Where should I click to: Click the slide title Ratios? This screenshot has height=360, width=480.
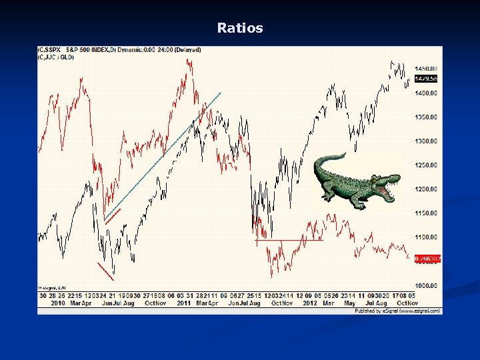(240, 28)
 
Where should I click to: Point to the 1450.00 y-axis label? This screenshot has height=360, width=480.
(427, 69)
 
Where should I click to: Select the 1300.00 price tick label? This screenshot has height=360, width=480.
(427, 141)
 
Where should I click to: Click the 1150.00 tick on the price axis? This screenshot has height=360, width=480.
(427, 213)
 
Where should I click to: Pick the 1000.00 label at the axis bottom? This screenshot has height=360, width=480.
(427, 285)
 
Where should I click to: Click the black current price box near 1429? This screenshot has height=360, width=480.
(427, 79)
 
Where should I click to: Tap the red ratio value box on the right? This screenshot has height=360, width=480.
(427, 258)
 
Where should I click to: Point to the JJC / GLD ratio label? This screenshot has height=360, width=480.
(58, 57)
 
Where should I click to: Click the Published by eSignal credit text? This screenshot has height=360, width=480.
(398, 311)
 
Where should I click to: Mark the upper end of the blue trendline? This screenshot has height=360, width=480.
(220, 92)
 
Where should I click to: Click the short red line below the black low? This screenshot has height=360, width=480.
(105, 271)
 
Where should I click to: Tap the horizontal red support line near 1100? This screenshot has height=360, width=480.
(288, 240)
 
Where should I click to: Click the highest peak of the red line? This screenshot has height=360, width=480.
(188, 61)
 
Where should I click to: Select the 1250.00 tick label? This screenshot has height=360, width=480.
(427, 165)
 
